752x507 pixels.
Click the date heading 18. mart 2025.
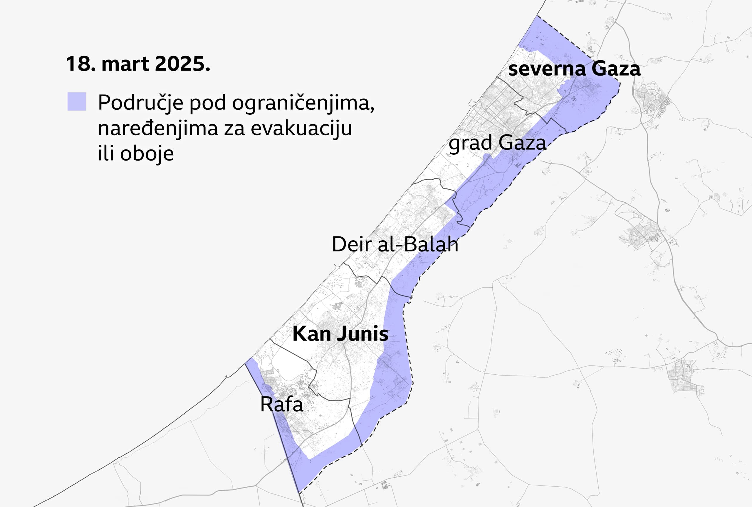[x=138, y=64]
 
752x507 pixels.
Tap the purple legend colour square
[x=77, y=101]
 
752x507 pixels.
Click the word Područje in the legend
[x=140, y=103]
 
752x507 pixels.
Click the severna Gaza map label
[x=574, y=69]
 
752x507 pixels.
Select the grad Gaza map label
[x=497, y=143]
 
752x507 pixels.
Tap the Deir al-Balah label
[x=395, y=244]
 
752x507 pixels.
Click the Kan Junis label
[x=340, y=334]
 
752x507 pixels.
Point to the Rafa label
[x=281, y=404]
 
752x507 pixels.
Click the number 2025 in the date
[x=182, y=64]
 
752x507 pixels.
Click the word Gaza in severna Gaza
[x=616, y=69]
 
